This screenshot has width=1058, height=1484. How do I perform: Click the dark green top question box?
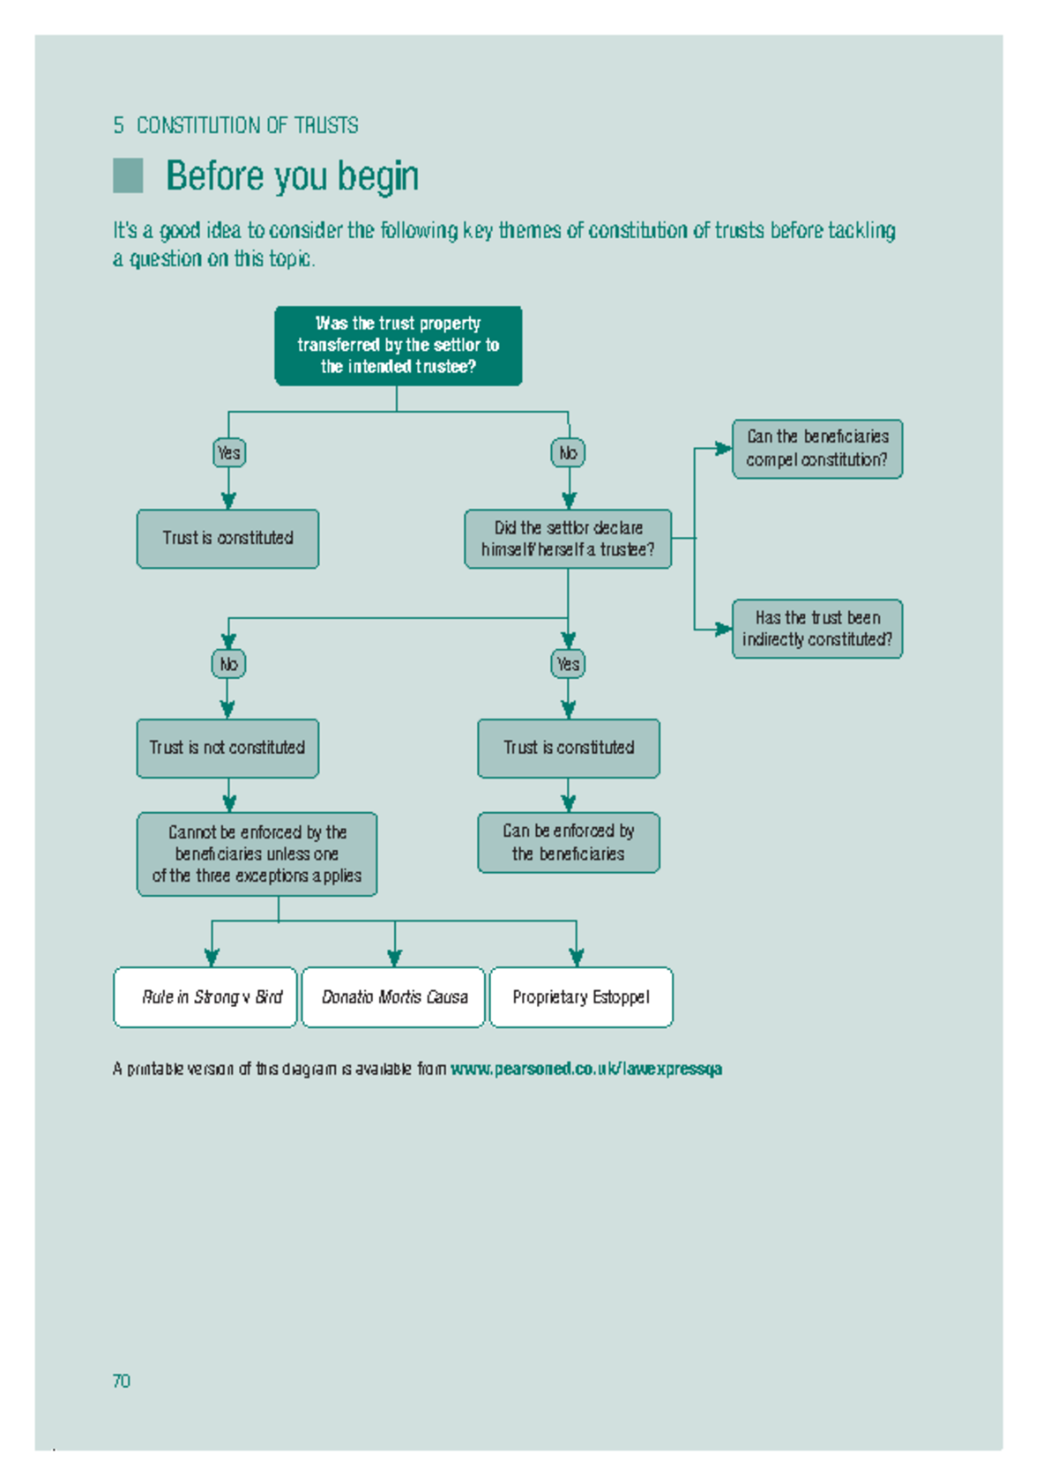pos(398,346)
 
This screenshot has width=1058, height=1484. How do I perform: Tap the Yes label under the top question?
pos(228,452)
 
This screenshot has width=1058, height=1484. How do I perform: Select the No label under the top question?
pos(568,452)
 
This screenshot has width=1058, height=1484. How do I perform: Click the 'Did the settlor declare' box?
pos(568,539)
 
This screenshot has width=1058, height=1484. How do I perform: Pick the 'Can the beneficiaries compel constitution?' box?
pos(816,449)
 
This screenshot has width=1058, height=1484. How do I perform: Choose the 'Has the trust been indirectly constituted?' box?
pos(816,629)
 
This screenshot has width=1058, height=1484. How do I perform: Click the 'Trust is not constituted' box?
pos(227,748)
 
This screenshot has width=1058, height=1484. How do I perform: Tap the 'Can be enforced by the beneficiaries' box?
pos(568,842)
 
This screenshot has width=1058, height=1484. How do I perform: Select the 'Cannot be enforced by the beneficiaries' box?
pos(257,854)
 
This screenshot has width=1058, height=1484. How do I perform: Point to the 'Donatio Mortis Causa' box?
pos(393,997)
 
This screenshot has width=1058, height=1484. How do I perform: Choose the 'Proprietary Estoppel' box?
pos(581,997)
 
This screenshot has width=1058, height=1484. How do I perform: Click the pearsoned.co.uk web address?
pos(586,1069)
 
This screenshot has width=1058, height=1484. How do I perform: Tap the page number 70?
pos(121,1381)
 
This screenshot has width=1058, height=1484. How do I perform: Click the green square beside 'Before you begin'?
pos(128,175)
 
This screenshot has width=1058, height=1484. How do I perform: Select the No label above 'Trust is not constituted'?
pos(228,664)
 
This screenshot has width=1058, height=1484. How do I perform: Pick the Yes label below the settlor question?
pos(568,664)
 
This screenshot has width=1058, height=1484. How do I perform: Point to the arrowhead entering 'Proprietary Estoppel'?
pos(577,958)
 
